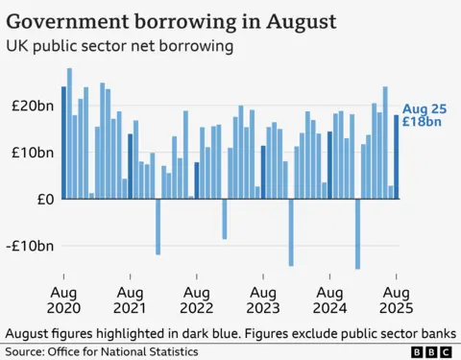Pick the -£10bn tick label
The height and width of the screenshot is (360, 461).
pos(30,246)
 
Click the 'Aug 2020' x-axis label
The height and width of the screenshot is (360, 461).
pos(63,300)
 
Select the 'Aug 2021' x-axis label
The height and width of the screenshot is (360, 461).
pos(130,300)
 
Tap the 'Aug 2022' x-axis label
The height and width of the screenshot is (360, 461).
pos(196,300)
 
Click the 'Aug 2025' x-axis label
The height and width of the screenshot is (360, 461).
pos(396,300)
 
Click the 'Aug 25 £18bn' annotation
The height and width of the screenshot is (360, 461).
pos(422,115)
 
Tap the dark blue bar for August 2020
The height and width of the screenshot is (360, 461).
pos(63,143)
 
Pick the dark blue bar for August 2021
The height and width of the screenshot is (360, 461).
pos(130,166)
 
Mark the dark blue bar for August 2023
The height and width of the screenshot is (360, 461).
pos(263,172)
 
